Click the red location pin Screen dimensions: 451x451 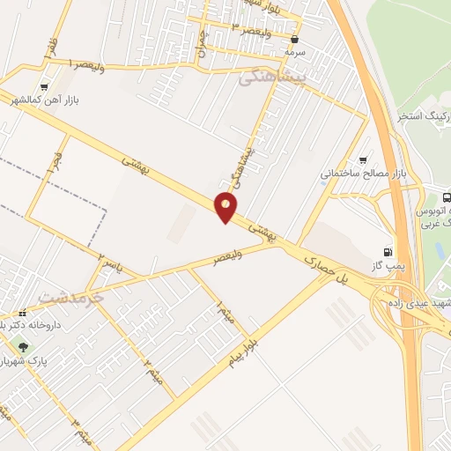(x=226, y=208)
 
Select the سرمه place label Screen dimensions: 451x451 (x=293, y=53)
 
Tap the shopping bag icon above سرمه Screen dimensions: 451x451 (x=294, y=39)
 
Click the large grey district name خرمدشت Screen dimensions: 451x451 (x=70, y=299)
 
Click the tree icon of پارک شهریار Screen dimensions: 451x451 (x=23, y=345)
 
